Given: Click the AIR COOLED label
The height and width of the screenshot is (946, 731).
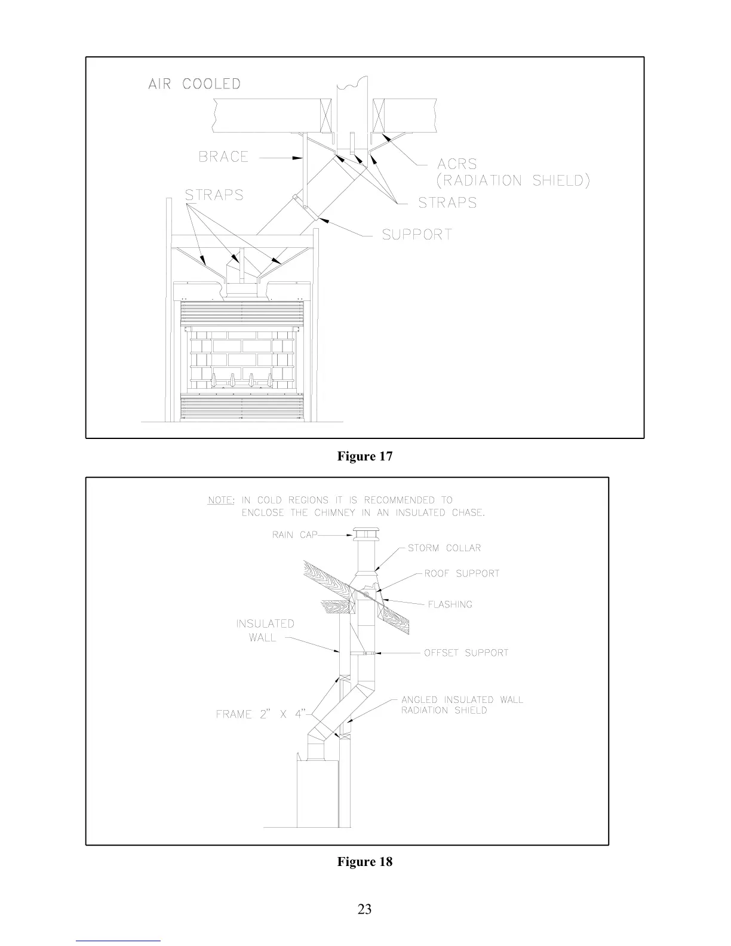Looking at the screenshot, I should [194, 84].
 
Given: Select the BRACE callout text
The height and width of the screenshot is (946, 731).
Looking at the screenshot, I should [223, 157].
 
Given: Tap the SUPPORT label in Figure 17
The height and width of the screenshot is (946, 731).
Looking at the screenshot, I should [417, 235].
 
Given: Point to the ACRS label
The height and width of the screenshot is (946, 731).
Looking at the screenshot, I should [457, 164].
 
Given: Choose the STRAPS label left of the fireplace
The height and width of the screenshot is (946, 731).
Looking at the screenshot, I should [214, 195].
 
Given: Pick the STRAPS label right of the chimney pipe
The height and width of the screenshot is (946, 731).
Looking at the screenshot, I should [447, 203].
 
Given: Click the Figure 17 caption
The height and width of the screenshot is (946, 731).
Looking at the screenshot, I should [365, 456].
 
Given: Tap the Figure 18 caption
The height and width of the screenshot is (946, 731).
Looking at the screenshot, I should [365, 862].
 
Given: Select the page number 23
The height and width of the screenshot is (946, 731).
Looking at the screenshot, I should [364, 909].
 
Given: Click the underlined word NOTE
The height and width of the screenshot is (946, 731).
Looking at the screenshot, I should [220, 500].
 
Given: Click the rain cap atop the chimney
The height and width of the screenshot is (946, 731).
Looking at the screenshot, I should [364, 536].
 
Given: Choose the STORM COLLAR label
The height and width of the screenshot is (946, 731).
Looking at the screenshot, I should [444, 548].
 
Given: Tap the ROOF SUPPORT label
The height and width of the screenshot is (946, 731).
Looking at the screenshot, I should [462, 574].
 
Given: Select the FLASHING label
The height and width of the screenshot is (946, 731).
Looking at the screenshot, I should [450, 605].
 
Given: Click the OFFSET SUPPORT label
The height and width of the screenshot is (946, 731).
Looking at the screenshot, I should [466, 653].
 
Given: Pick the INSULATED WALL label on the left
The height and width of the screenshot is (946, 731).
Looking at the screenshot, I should [265, 631].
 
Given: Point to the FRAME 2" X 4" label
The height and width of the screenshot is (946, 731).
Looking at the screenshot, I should [262, 714].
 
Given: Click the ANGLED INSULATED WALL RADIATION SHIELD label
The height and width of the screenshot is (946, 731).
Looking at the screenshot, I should [462, 705].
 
